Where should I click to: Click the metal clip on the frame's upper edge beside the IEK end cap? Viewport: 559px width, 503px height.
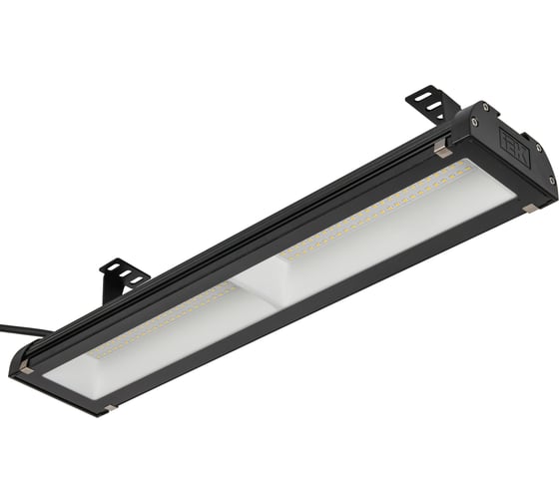441,150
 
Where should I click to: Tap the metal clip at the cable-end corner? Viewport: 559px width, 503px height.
26,368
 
